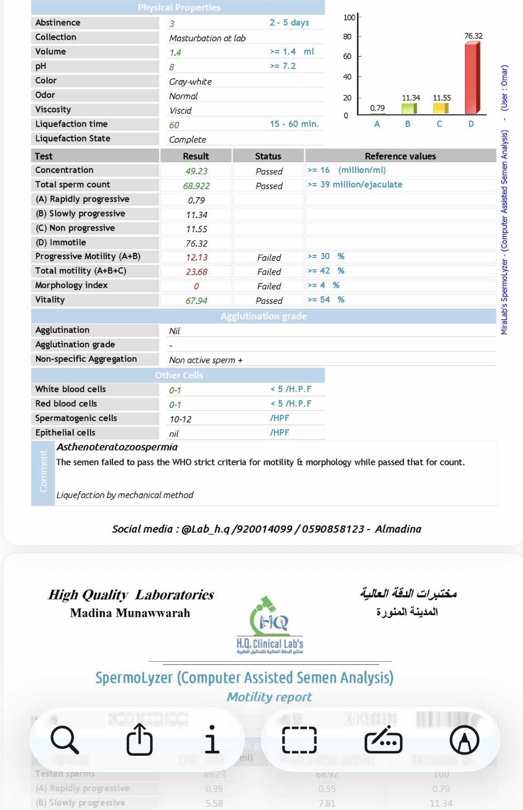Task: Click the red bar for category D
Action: pyautogui.click(x=472, y=78)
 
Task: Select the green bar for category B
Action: pyautogui.click(x=409, y=109)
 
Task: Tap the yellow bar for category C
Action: pyautogui.click(x=440, y=109)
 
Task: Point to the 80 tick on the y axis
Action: pyautogui.click(x=347, y=36)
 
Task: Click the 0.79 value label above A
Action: pyautogui.click(x=377, y=108)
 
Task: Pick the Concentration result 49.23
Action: pyautogui.click(x=196, y=171)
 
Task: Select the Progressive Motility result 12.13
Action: pyautogui.click(x=196, y=257)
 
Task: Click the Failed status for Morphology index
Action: pyautogui.click(x=269, y=286)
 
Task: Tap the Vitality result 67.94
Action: pyautogui.click(x=196, y=300)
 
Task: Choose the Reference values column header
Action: pyautogui.click(x=400, y=156)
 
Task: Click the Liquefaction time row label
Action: pyautogui.click(x=71, y=124)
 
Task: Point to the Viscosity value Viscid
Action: pyautogui.click(x=180, y=110)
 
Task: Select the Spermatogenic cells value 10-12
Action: pyautogui.click(x=180, y=419)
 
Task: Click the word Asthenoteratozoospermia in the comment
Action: pyautogui.click(x=117, y=447)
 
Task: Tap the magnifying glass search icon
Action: pyautogui.click(x=64, y=740)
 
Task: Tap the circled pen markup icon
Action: pyautogui.click(x=464, y=740)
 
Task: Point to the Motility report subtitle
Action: pyautogui.click(x=269, y=697)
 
